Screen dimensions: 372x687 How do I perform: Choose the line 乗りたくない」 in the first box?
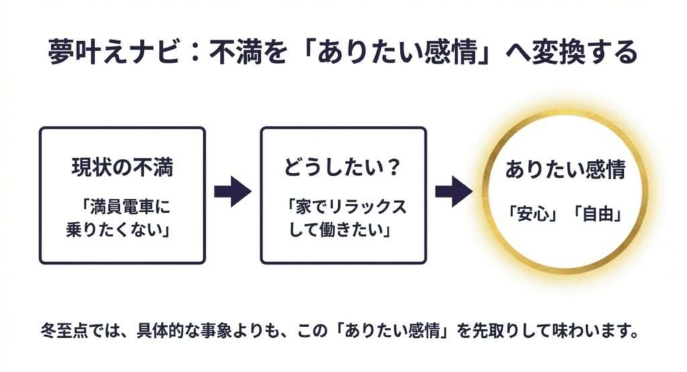coord(121,229)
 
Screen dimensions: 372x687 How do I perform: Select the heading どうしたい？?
coord(343,168)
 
